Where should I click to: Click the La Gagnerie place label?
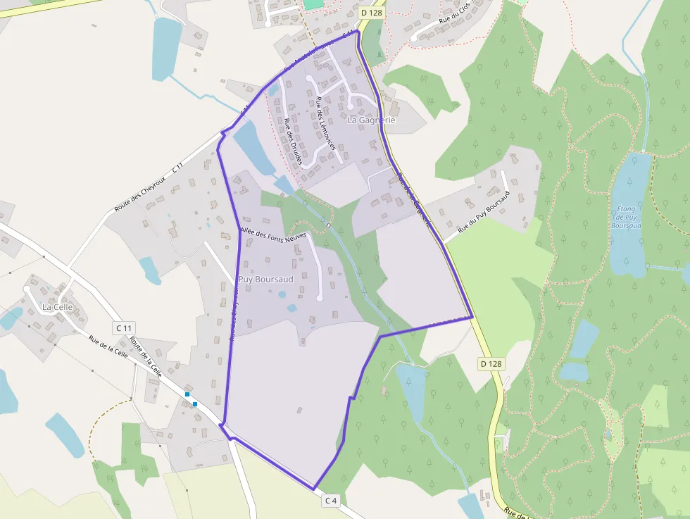[372, 120]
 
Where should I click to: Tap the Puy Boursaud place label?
[265, 280]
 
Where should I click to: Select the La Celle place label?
[57, 307]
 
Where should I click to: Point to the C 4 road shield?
[331, 500]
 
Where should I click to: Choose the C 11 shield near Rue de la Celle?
[124, 328]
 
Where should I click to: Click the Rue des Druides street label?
[293, 142]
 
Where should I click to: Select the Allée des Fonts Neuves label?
[273, 233]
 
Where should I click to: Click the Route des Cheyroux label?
[149, 188]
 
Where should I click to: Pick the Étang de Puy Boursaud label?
[627, 216]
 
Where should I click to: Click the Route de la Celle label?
[146, 356]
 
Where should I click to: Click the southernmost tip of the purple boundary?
[313, 489]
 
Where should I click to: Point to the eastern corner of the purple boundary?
[472, 318]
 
